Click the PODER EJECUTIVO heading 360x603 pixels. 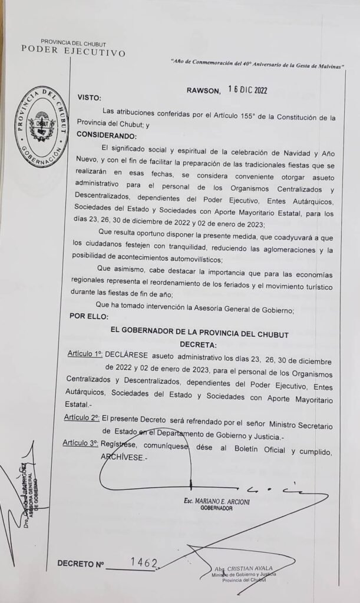pyautogui.click(x=73, y=52)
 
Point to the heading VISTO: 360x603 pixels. pyautogui.click(x=89, y=98)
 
